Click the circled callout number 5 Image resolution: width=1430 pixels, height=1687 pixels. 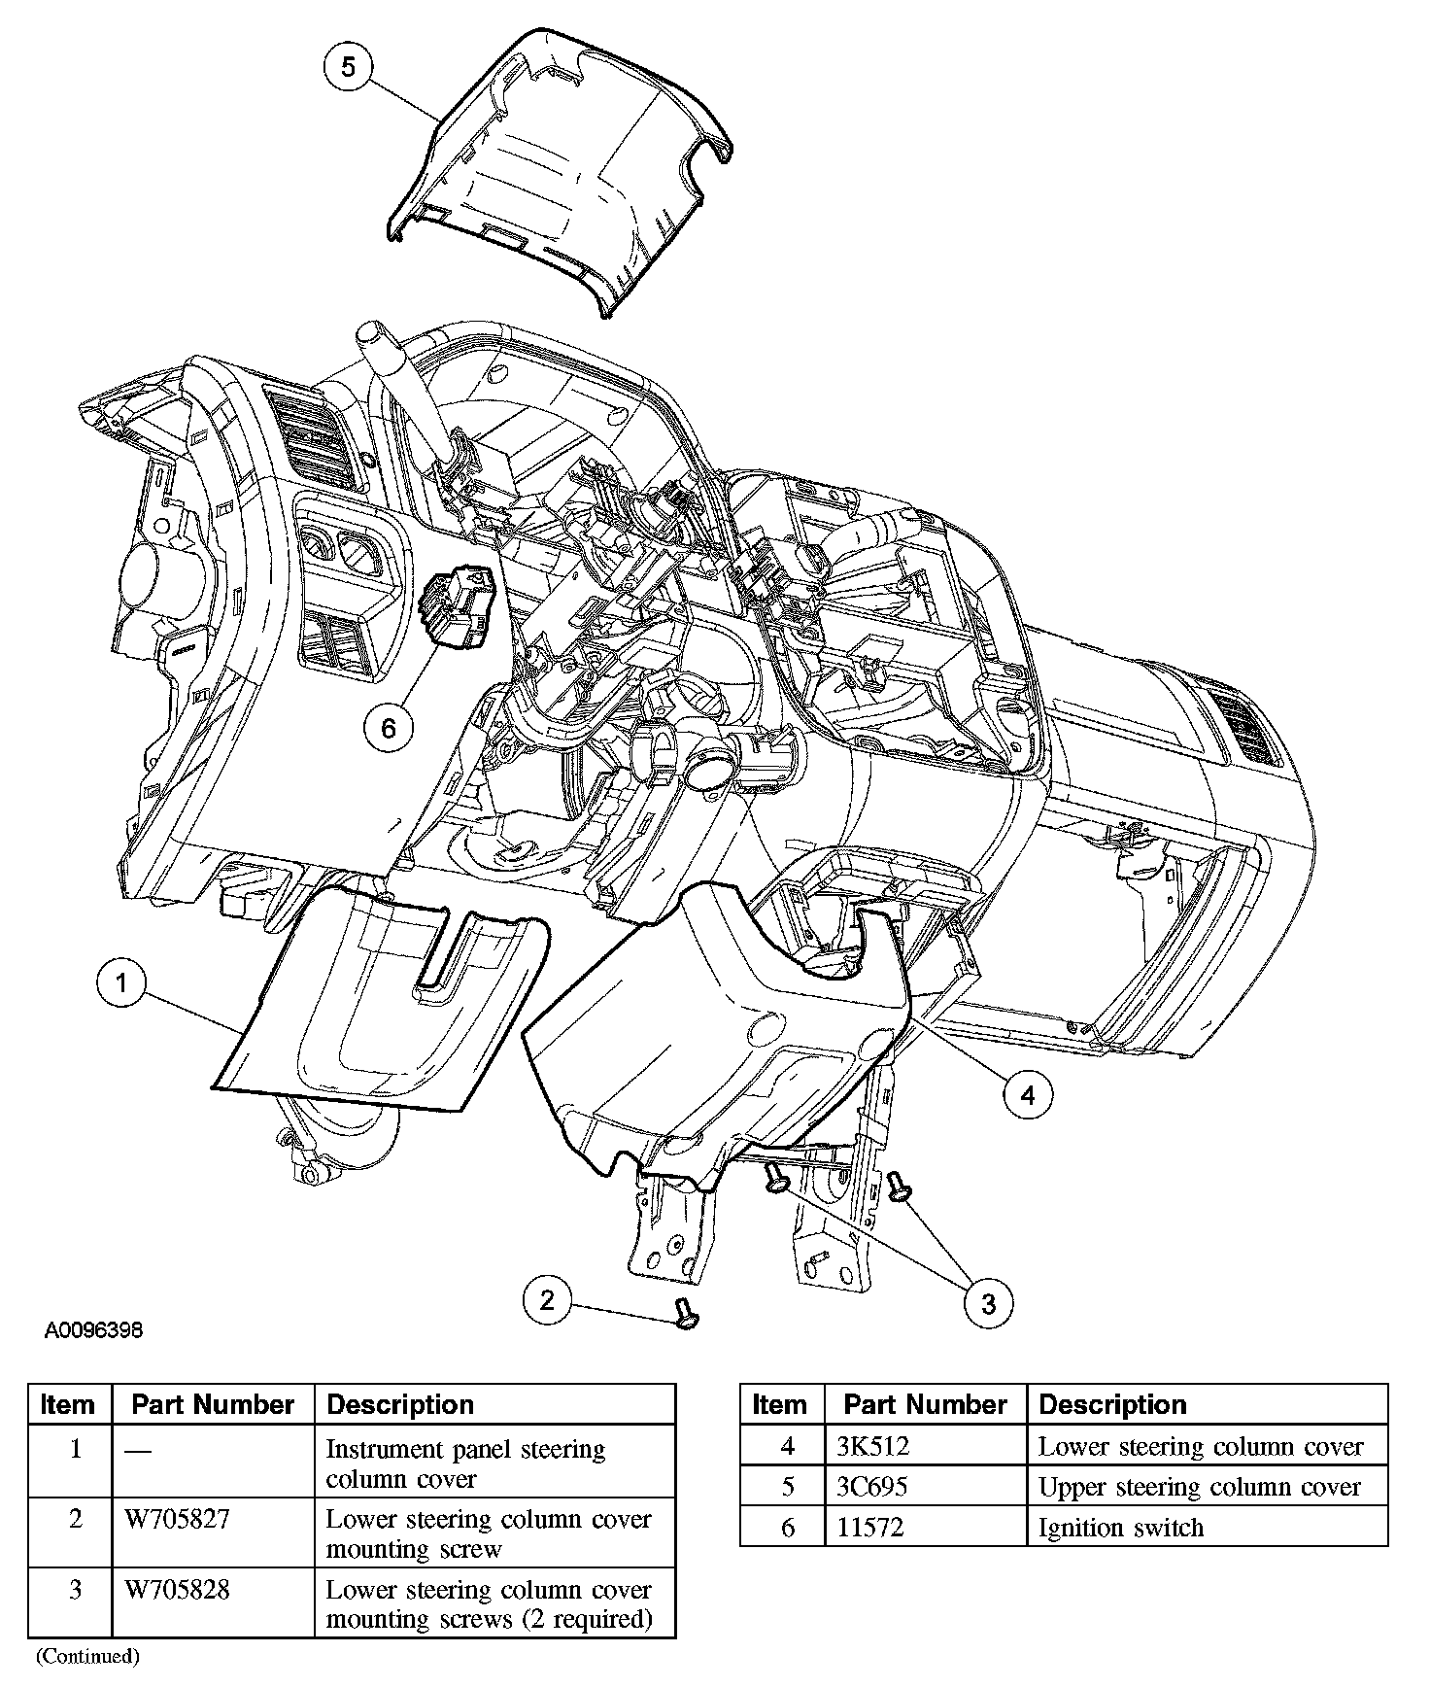point(348,66)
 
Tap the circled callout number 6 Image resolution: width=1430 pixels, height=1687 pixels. point(389,728)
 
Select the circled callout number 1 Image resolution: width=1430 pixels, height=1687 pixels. point(121,983)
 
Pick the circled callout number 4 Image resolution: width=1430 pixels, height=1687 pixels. point(1027,1095)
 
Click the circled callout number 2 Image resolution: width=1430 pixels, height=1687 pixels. point(548,1300)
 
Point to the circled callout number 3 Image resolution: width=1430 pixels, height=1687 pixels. point(988,1303)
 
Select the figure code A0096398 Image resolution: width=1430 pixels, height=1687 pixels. point(93,1330)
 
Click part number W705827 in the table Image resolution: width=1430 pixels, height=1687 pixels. point(177,1520)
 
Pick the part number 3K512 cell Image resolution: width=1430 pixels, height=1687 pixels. point(872,1447)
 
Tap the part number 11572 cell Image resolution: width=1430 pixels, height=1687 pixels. point(870,1528)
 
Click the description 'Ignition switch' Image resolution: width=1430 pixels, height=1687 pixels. point(1120,1528)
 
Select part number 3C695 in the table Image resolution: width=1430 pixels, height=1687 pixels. point(872,1487)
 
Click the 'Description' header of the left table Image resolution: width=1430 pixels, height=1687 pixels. point(400,1405)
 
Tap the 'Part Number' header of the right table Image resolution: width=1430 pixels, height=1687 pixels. point(925,1405)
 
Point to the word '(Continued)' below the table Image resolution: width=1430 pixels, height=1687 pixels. point(87,1656)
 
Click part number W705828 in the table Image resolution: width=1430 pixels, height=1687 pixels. point(177,1591)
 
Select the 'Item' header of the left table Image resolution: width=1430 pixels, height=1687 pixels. point(68,1405)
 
